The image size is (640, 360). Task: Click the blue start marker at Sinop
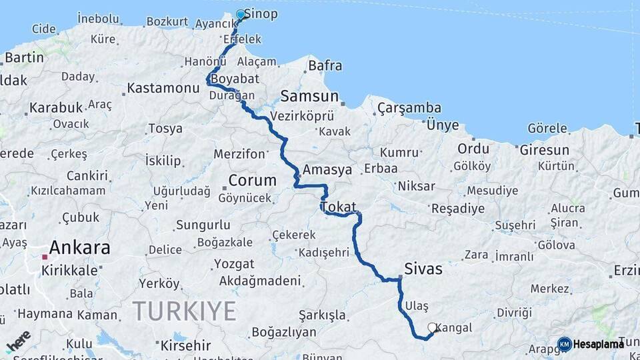pos(241,14)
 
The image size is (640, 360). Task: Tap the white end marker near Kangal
pos(432,327)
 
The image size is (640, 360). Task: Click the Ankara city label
pos(79,248)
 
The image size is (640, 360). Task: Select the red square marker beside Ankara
pos(45,256)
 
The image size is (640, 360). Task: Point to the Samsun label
pos(309,95)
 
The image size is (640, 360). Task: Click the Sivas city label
pos(423,269)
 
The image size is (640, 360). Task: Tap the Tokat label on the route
pos(339,207)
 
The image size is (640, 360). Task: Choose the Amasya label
pos(327,170)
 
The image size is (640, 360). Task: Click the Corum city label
pos(252,180)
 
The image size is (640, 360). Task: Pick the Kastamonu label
pos(163,88)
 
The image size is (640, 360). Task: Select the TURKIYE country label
pos(184,311)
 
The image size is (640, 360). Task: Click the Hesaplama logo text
pos(599,344)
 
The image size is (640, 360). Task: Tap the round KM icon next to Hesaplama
pos(564,344)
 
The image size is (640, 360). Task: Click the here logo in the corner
pos(18,341)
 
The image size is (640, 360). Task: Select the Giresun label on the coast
pos(544,149)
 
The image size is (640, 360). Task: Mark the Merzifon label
pos(239,154)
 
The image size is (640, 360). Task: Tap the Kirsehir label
pos(185,345)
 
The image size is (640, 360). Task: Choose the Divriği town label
pos(514,313)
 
